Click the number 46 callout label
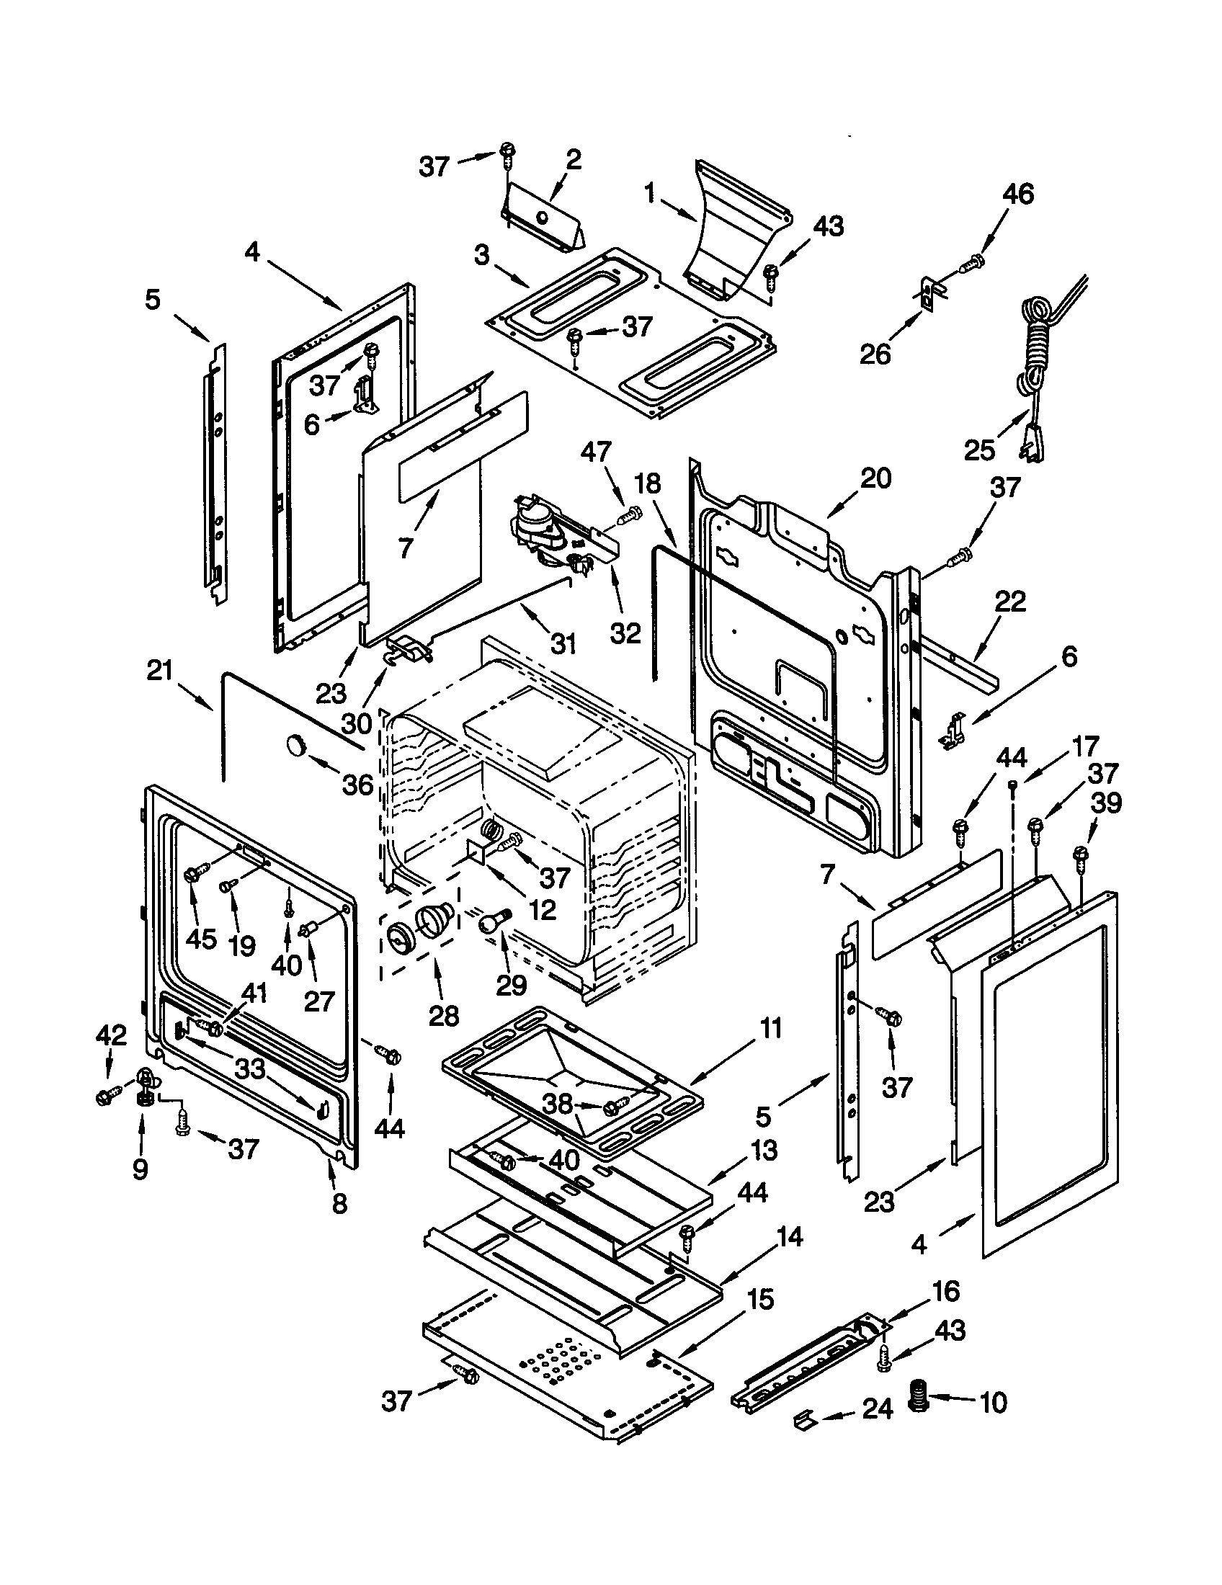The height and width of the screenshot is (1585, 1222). [x=1017, y=195]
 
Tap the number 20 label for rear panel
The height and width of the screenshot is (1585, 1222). [x=875, y=479]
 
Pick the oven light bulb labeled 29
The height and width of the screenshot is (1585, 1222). [x=490, y=923]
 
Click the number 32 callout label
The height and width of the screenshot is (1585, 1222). [x=625, y=633]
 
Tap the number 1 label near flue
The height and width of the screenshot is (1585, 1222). [x=651, y=192]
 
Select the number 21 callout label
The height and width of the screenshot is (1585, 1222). [x=160, y=671]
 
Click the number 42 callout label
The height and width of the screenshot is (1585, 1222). [x=111, y=1035]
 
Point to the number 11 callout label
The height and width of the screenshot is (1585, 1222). [x=770, y=1028]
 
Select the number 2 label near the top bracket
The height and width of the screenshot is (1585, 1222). [x=574, y=160]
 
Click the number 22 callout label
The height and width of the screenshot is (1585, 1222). [x=1010, y=602]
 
